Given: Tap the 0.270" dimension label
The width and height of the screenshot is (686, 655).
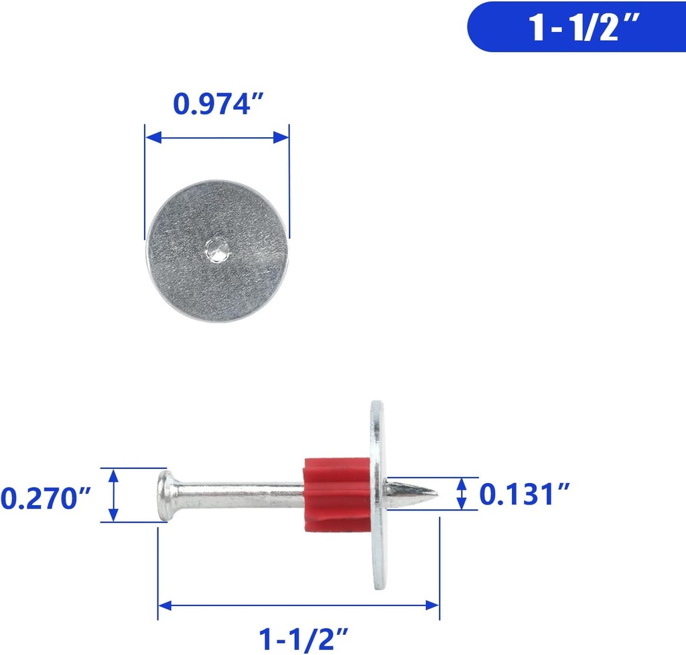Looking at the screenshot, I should coord(46,498).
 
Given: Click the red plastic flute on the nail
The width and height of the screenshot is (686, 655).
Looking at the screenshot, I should coord(336,494).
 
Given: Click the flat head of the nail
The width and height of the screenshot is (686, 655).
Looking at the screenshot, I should coord(163,495).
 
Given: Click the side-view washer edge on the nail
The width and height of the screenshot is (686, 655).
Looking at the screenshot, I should coord(378,494).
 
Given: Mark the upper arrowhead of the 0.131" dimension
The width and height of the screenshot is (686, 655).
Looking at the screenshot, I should coord(462,483).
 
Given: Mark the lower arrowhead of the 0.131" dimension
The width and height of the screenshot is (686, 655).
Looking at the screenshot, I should coord(462,504).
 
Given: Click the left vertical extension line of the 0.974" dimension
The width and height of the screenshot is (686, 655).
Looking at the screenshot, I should coord(145,181).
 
